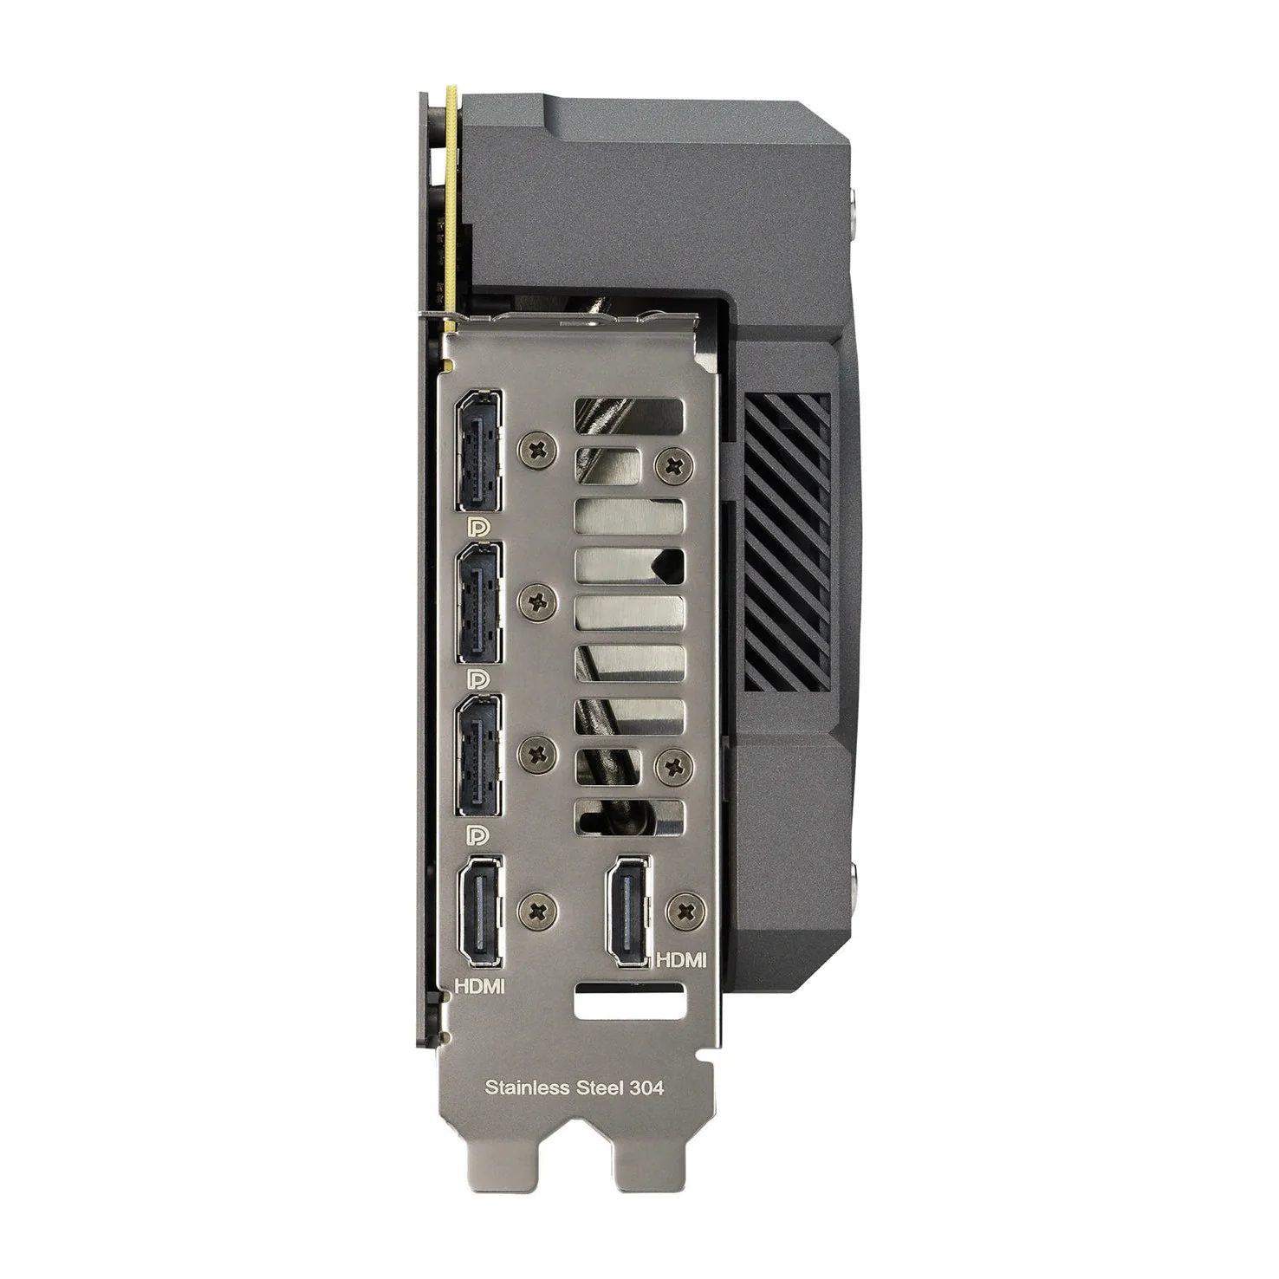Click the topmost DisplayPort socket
click(x=479, y=451)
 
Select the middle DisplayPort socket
click(x=479, y=604)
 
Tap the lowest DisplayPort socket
click(x=479, y=756)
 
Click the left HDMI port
click(x=479, y=912)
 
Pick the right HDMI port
click(x=628, y=912)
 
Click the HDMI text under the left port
click(x=480, y=985)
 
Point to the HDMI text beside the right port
click(x=682, y=960)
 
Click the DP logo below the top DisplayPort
click(x=478, y=528)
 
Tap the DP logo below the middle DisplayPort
click(x=478, y=680)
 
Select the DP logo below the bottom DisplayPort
click(x=478, y=834)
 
